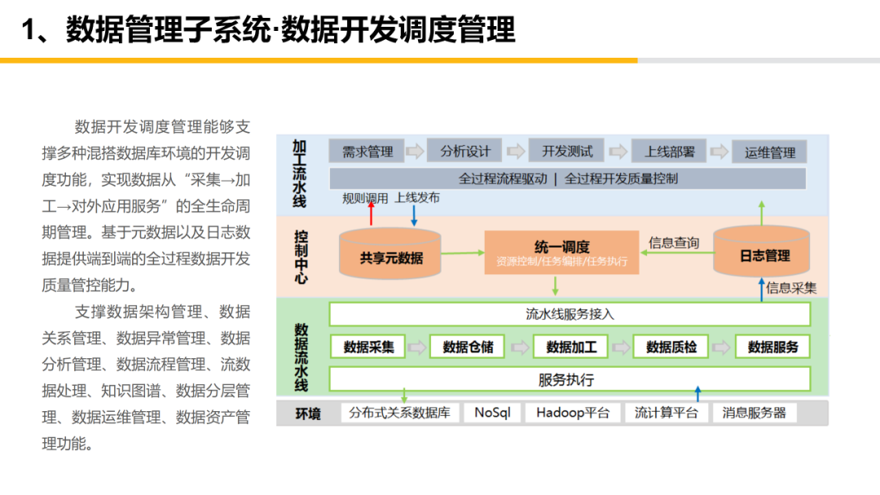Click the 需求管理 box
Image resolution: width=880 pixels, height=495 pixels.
click(x=367, y=151)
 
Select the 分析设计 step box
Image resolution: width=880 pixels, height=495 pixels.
click(x=465, y=151)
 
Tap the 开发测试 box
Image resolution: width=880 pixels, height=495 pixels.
click(x=567, y=151)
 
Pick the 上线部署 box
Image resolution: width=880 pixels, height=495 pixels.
click(x=670, y=151)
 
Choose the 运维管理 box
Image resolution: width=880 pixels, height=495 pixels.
click(x=769, y=152)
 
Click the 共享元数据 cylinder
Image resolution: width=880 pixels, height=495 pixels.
click(x=391, y=254)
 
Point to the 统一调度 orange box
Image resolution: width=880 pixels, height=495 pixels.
click(x=561, y=252)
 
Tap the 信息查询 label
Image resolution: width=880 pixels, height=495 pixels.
click(x=673, y=243)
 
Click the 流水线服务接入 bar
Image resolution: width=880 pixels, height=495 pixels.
click(x=570, y=314)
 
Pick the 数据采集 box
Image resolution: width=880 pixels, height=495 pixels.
click(x=368, y=347)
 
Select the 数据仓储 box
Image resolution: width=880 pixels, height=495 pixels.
click(x=468, y=347)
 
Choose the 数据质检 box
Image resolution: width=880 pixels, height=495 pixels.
click(x=671, y=347)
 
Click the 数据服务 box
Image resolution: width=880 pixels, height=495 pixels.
click(x=772, y=347)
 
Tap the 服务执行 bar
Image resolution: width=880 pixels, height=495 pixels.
click(x=570, y=379)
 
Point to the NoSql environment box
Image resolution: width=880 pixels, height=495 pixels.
click(x=492, y=413)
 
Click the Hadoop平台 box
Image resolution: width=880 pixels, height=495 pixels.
click(x=573, y=413)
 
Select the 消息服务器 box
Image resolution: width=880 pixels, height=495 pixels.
click(x=754, y=413)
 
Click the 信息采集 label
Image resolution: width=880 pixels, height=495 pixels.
click(x=791, y=287)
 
